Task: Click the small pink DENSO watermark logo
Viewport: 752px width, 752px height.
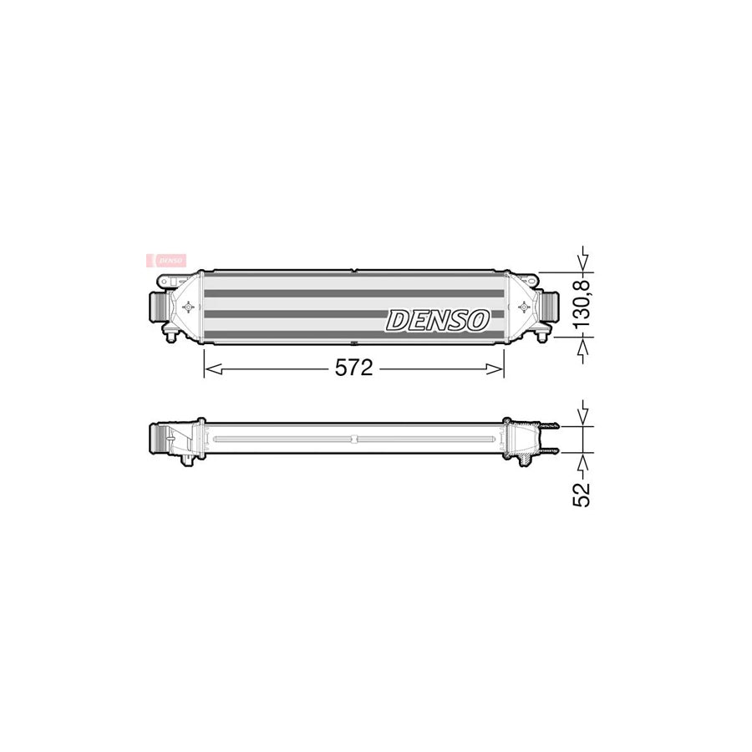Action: [167, 260]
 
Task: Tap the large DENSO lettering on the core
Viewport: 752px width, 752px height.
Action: [437, 319]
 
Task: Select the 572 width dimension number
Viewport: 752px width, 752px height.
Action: [354, 368]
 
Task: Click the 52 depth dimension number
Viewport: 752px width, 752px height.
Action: [583, 494]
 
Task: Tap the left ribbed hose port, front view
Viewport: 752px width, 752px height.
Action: [156, 305]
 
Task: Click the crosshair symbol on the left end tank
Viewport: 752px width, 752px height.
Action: [187, 307]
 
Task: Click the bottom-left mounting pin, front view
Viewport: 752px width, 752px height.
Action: [170, 336]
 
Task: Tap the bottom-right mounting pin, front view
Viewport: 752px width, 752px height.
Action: [544, 336]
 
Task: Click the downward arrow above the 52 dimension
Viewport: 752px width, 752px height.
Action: [584, 413]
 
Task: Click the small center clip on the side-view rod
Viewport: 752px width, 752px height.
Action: [354, 439]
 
